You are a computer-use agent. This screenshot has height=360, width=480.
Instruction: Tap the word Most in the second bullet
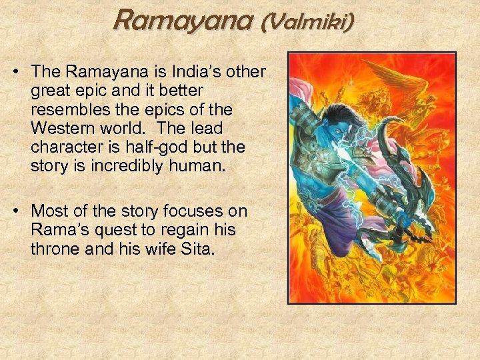click(49, 212)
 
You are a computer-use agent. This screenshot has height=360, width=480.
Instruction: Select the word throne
click(55, 249)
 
